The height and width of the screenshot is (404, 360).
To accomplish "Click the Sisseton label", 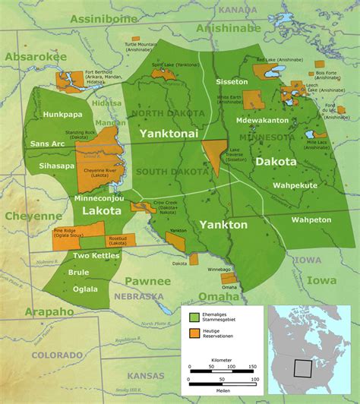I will pyautogui.click(x=232, y=81).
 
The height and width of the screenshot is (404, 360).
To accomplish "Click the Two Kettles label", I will pyautogui.click(x=92, y=256).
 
